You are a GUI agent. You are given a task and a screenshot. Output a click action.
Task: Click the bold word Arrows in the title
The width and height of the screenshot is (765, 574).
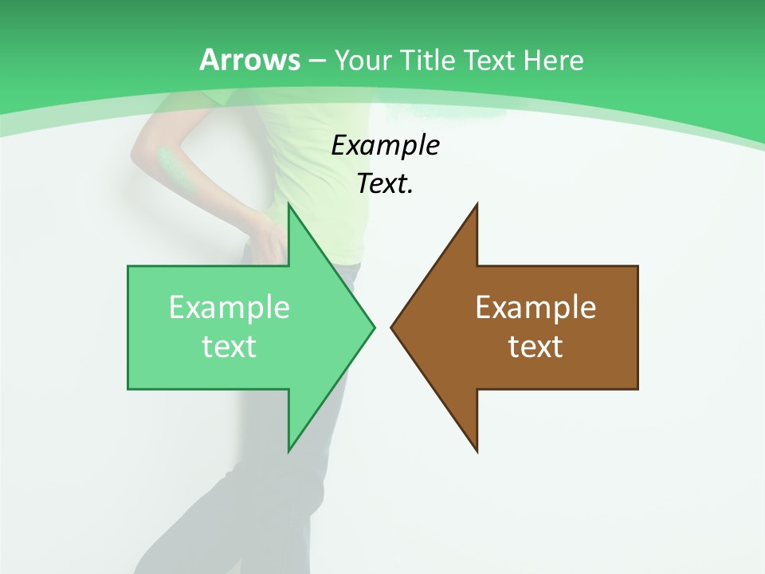tap(249, 60)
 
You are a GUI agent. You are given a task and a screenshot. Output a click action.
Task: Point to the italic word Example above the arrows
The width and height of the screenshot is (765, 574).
tap(385, 146)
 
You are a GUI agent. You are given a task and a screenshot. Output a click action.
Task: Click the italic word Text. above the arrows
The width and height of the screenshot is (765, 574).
tap(385, 184)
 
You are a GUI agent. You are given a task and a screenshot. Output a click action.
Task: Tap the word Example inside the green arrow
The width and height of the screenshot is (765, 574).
tap(229, 307)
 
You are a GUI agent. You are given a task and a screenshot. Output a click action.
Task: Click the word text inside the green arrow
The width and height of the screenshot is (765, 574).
tap(229, 347)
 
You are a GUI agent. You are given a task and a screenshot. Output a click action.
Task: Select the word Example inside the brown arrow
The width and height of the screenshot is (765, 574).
tap(535, 307)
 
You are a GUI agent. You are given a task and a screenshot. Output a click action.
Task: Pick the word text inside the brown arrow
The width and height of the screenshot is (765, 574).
tap(535, 347)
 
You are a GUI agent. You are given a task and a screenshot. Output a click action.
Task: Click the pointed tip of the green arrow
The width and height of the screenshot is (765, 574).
tap(375, 327)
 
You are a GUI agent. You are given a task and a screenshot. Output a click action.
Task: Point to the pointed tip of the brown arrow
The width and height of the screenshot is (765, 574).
tap(391, 327)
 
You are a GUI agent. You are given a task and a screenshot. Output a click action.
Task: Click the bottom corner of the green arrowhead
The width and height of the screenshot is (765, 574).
tap(288, 451)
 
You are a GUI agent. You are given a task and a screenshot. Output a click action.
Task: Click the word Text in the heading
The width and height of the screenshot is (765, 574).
tap(492, 61)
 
